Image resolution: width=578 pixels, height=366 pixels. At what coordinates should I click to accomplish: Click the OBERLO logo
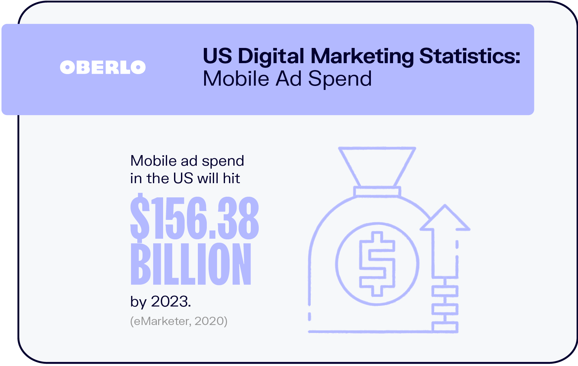[103, 67]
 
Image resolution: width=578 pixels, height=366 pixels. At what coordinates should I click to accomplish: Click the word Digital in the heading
[271, 56]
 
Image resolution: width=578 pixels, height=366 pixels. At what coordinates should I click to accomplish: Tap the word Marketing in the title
[362, 56]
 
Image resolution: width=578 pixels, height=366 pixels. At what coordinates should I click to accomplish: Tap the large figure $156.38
[195, 217]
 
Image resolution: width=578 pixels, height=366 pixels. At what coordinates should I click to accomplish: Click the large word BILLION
[191, 264]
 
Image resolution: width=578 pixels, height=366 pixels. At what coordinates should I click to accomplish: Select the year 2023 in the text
[170, 302]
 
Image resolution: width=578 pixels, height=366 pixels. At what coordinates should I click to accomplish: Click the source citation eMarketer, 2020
[179, 321]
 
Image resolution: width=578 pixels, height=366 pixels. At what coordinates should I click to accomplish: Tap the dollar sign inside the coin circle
[377, 264]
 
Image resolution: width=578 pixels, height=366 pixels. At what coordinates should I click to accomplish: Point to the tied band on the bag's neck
[377, 191]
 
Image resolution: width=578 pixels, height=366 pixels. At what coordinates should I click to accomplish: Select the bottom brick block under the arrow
[445, 327]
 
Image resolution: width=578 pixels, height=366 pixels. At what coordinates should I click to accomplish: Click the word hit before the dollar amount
[231, 179]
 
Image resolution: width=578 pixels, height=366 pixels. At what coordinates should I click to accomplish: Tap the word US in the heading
[217, 56]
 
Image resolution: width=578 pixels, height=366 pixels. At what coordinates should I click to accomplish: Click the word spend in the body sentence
[223, 161]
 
